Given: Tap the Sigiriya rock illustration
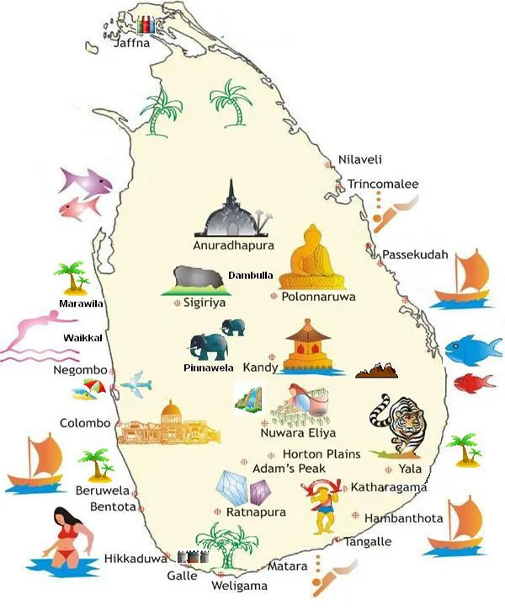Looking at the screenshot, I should point(199,280).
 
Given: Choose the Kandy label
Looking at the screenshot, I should point(260,368).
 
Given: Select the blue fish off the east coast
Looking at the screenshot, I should point(468,348).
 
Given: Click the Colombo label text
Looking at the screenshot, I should point(85,423).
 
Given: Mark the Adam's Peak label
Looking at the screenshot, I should point(289,469).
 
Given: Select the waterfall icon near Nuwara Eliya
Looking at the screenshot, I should point(247,398).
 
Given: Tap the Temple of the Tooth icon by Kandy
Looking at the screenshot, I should point(310,349).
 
